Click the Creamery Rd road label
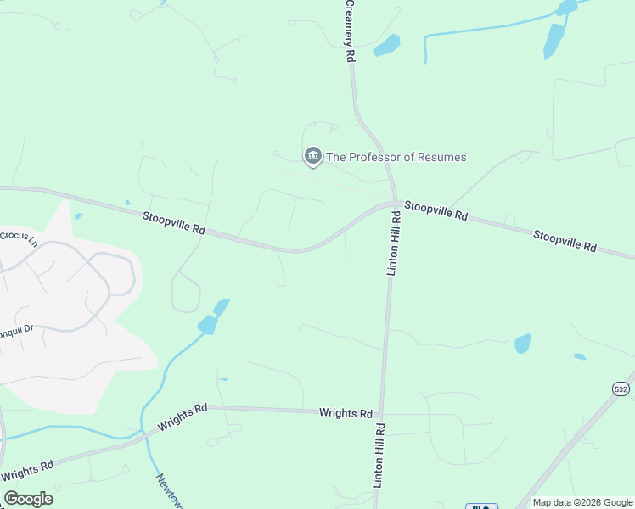click(x=349, y=31)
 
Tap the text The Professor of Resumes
click(x=396, y=157)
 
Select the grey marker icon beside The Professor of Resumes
click(x=312, y=155)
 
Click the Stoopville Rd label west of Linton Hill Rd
click(x=174, y=223)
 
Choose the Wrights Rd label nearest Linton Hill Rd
click(x=346, y=413)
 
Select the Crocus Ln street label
click(x=19, y=237)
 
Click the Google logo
click(x=28, y=499)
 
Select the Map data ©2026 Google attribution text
click(x=582, y=502)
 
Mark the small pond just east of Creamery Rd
click(x=386, y=45)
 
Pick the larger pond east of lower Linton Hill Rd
click(x=522, y=344)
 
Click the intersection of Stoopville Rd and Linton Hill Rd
click(x=395, y=204)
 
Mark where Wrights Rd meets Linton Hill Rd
click(x=383, y=414)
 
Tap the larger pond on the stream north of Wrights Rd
click(x=207, y=324)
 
